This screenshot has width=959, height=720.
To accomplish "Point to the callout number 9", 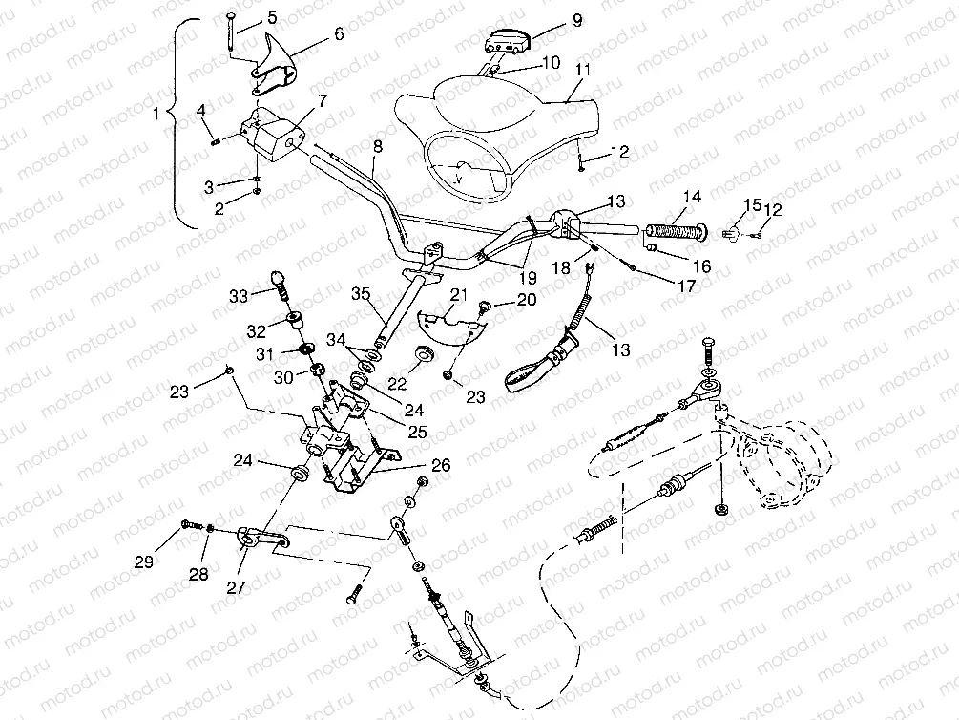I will coord(549,19).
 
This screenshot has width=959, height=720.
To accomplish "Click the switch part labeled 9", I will coord(509,41).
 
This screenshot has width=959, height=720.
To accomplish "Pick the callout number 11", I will coord(583,70).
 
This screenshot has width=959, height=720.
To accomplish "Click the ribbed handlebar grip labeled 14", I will coord(677,230).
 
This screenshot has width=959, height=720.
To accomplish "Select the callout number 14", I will coord(691,197).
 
